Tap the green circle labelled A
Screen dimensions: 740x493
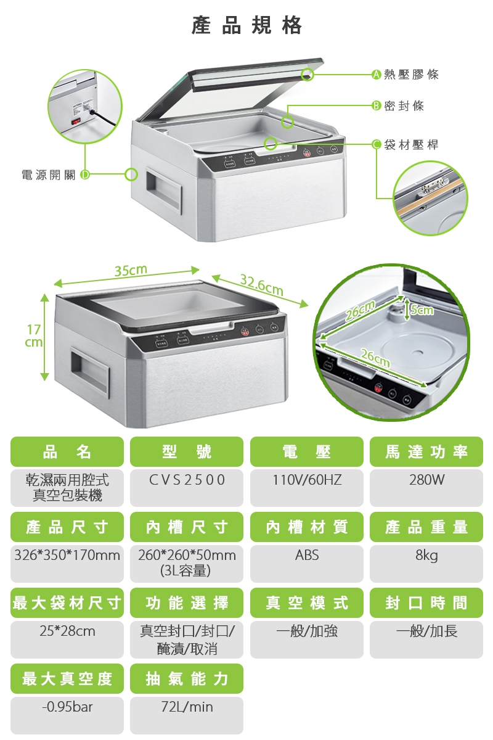[375, 75]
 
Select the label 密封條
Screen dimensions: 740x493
[404, 106]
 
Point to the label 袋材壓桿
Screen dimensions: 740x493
[411, 145]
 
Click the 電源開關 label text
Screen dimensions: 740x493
[49, 175]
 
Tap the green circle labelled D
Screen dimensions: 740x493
[84, 175]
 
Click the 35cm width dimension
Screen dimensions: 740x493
[130, 271]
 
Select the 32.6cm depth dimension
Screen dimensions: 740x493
[261, 285]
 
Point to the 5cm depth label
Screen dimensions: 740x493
[422, 310]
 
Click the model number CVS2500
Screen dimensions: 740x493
[187, 480]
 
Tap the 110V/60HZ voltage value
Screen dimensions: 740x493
[306, 480]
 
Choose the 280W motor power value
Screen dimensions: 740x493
[426, 480]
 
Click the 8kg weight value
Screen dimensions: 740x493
[426, 556]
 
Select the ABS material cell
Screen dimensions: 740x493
[306, 556]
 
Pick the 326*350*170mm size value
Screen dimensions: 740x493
[67, 556]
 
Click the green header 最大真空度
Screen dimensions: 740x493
[67, 679]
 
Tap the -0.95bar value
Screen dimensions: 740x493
[67, 707]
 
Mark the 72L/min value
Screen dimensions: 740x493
[187, 707]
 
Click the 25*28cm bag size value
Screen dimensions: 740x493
[67, 631]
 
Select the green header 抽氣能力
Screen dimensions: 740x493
[187, 679]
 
